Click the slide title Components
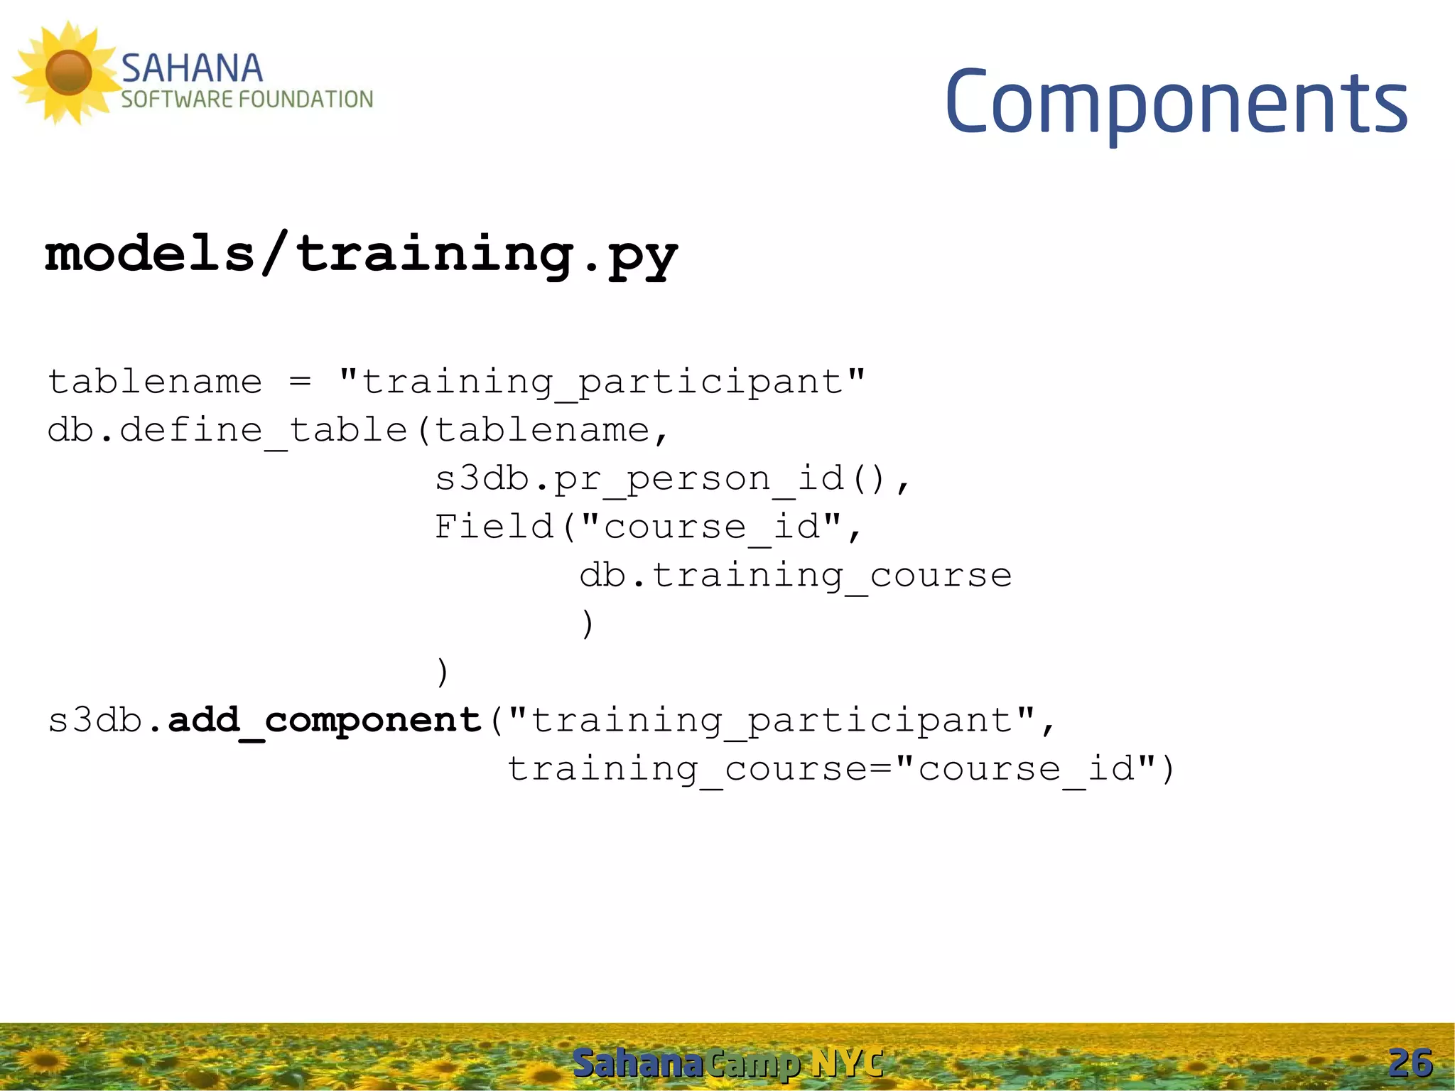click(x=1176, y=103)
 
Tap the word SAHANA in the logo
click(x=192, y=69)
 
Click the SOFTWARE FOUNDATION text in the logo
click(x=247, y=100)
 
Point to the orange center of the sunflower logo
click(x=68, y=72)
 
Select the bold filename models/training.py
click(x=361, y=254)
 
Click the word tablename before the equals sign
click(x=155, y=382)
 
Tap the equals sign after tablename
click(x=301, y=382)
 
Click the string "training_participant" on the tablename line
click(x=602, y=382)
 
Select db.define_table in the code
click(x=227, y=431)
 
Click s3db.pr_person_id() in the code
click(x=661, y=479)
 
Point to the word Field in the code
click(x=494, y=527)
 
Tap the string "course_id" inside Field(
click(x=711, y=527)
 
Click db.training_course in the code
click(x=795, y=576)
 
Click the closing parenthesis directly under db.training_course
click(x=587, y=624)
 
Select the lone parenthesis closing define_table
click(x=443, y=672)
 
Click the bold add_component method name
click(x=325, y=721)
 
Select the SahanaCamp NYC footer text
click(x=727, y=1064)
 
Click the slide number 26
click(x=1410, y=1064)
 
